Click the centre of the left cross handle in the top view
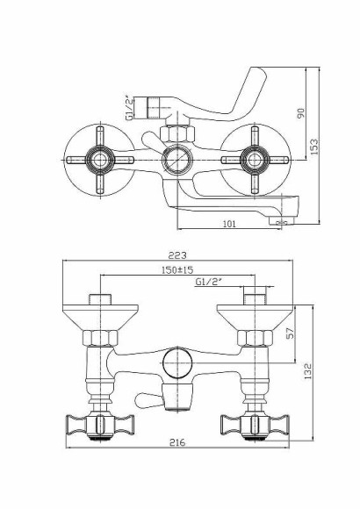pos(98,160)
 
